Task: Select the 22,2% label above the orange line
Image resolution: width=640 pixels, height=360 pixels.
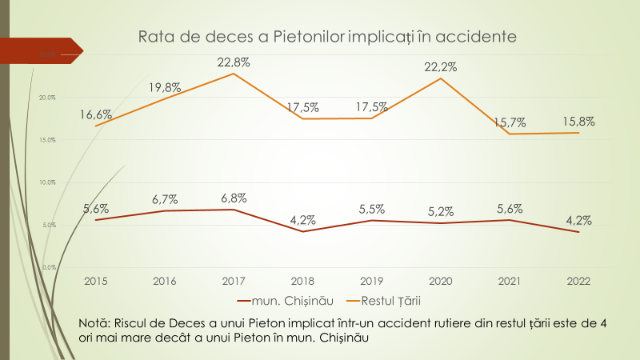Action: coord(440,67)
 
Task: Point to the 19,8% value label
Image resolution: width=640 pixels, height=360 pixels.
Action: coord(164,86)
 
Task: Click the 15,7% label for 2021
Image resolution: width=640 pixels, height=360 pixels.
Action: coord(510,122)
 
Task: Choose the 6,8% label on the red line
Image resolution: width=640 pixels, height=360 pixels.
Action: coord(233,198)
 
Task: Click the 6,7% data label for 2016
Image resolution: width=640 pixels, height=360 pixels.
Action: coord(164,199)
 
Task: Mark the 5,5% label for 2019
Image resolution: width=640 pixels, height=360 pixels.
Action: coord(371,209)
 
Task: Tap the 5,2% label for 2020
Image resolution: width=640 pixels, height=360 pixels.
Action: coord(440,211)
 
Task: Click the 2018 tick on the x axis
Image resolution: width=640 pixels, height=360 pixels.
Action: coord(302,281)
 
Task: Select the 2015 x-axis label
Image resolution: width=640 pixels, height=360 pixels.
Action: coord(95,281)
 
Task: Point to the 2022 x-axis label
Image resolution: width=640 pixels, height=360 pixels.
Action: coord(578,281)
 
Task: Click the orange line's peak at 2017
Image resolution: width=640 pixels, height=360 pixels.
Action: coord(233,74)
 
